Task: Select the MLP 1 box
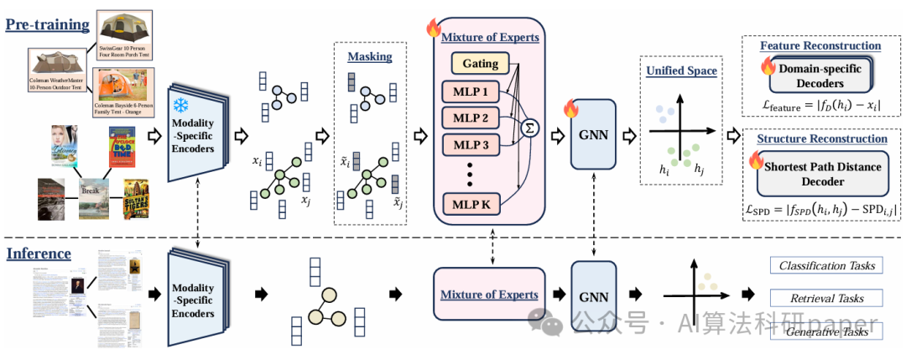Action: (470, 90)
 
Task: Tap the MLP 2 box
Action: (470, 116)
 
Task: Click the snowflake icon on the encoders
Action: (180, 106)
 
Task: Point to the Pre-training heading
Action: (48, 23)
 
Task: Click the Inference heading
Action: (39, 253)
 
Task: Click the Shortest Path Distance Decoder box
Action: (815, 175)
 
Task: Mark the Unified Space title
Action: (681, 70)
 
